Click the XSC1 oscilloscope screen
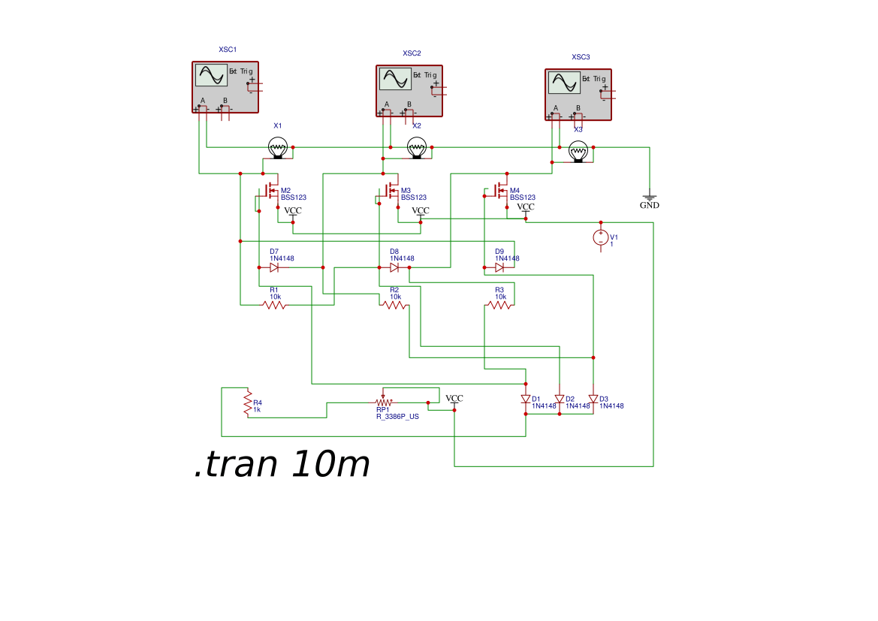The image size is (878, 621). [x=210, y=75]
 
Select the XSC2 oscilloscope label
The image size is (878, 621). [x=412, y=53]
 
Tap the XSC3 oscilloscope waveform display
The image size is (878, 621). [x=563, y=82]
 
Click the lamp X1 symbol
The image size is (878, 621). [x=278, y=147]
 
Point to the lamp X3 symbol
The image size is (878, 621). [x=578, y=152]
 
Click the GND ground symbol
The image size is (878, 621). [x=650, y=200]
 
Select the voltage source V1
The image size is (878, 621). [x=601, y=237]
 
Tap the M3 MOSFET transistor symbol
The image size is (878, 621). [x=391, y=191]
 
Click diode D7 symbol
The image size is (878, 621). [x=274, y=267]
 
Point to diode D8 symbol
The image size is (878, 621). [x=394, y=267]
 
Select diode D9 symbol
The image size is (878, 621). [x=499, y=267]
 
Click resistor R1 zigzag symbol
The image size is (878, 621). [x=273, y=305]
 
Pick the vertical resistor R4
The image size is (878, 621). [x=246, y=403]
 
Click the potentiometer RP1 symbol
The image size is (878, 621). [x=383, y=402]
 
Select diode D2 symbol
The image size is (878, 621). [x=560, y=399]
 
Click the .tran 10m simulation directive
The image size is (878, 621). [x=282, y=465]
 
